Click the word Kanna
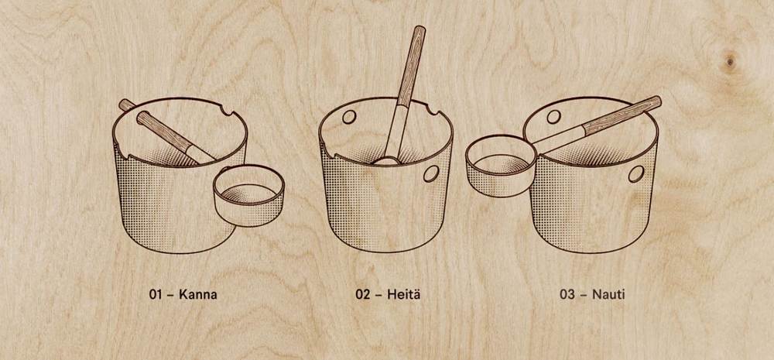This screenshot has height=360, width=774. pos(198,295)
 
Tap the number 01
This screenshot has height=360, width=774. pos(156,295)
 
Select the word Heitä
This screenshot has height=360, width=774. pos(404,295)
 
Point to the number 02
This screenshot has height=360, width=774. pos(363,295)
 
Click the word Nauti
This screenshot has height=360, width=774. pos(608,295)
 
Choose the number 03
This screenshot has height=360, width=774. pos(567,295)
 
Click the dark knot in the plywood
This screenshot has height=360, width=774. pos(730,60)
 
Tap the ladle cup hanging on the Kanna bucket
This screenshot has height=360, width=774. pos(248,195)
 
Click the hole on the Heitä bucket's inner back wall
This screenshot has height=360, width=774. pos(349,117)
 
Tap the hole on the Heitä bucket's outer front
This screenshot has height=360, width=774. pos(431,173)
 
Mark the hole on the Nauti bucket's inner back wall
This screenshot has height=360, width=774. pos(554,117)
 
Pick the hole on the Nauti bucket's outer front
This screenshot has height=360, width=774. pos(635,174)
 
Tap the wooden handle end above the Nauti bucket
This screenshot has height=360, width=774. pos(623,115)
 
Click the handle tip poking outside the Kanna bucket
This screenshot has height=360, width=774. pos(125,104)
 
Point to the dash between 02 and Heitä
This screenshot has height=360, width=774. pos(378,296)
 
